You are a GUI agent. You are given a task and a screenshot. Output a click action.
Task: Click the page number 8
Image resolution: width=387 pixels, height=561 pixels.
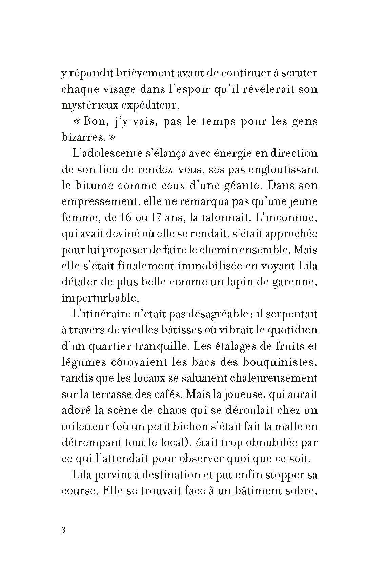63,530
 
